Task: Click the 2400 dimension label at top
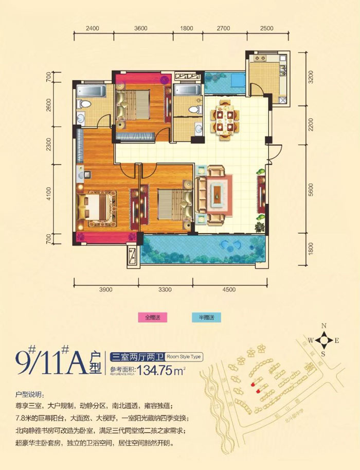(92, 28)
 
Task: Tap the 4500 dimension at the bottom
(229, 290)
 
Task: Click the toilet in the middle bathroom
(194, 109)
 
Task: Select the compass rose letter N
(324, 326)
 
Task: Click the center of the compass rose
(324, 340)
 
